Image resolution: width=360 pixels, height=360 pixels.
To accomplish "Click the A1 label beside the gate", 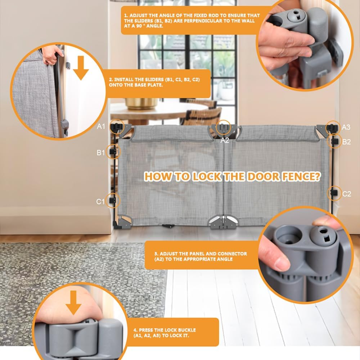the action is pos(101,126).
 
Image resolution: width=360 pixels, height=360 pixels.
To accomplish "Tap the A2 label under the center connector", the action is pos(225,140).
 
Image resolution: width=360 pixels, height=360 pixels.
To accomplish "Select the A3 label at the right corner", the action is pos(346,127).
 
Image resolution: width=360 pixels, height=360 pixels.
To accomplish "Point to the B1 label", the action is pos(100,152).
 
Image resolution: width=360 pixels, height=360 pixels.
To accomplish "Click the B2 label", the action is pos(346,142).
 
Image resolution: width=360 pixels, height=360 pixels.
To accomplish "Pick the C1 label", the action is pos(100,202).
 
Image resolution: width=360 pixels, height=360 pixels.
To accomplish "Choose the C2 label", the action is pos(346,194).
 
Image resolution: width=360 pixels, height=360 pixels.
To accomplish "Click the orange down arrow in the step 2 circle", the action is pos(81,68).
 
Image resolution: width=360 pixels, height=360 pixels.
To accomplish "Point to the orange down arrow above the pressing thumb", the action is pos(73,303).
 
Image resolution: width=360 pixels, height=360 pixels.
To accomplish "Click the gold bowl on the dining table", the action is pos(141,103).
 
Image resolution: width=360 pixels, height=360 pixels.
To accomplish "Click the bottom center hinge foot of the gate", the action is pos(223,222).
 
